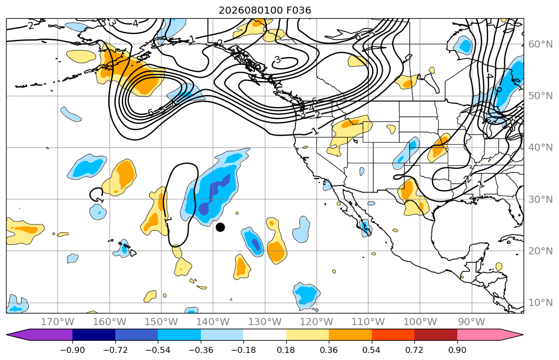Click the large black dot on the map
tap(221, 227)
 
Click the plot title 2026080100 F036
tap(265, 10)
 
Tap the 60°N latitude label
tap(540, 44)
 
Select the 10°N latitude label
tap(540, 303)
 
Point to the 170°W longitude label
tap(57, 322)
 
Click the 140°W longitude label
tap(213, 322)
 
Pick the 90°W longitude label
tap(471, 322)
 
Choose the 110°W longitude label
tap(368, 322)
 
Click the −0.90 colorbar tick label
tap(72, 350)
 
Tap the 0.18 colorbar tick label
tap(286, 350)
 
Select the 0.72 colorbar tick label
tap(414, 350)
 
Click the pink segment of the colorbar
tap(479, 335)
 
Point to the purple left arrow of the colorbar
tap(39, 335)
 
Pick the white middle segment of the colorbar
tap(265, 335)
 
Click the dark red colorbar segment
tap(436, 335)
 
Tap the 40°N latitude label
tap(540, 148)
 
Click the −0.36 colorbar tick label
tap(201, 350)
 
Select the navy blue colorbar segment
tap(94, 335)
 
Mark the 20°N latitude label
tap(540, 251)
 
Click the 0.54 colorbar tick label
tap(371, 350)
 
